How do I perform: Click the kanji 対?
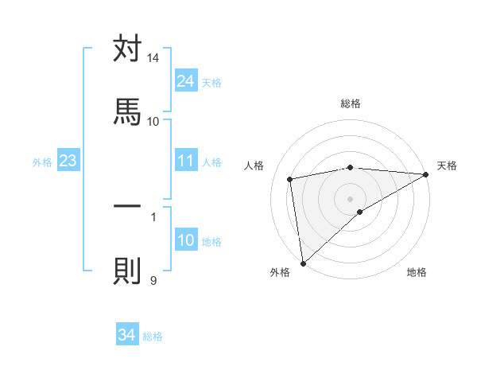point(127,49)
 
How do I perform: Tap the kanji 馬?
point(127,111)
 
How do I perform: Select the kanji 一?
point(127,206)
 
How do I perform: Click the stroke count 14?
point(153,59)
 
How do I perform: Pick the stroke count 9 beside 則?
point(153,279)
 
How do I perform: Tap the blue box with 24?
point(186,81)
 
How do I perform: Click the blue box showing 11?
point(186,162)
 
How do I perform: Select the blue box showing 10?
point(186,241)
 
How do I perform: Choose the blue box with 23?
point(68,162)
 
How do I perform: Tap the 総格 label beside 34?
point(153,337)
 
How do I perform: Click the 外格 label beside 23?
point(42,162)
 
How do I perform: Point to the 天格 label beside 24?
point(211,82)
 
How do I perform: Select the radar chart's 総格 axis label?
point(351,103)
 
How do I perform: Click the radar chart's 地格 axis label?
point(417,272)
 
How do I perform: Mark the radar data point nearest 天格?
point(426,174)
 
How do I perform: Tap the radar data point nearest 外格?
point(303,263)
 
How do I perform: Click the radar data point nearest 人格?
point(290,179)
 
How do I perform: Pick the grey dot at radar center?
point(351,198)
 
